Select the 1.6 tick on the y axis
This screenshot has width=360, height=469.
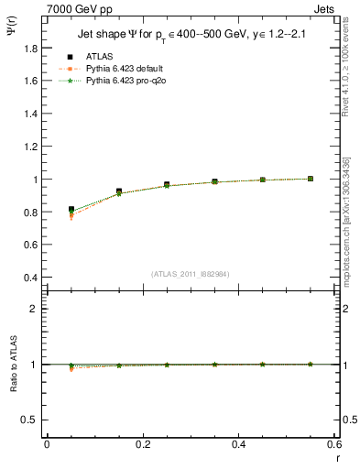click(33, 81)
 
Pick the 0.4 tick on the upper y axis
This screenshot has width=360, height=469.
click(33, 278)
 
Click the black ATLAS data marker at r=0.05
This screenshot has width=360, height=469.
click(71, 210)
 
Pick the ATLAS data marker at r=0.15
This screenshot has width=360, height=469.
click(119, 191)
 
